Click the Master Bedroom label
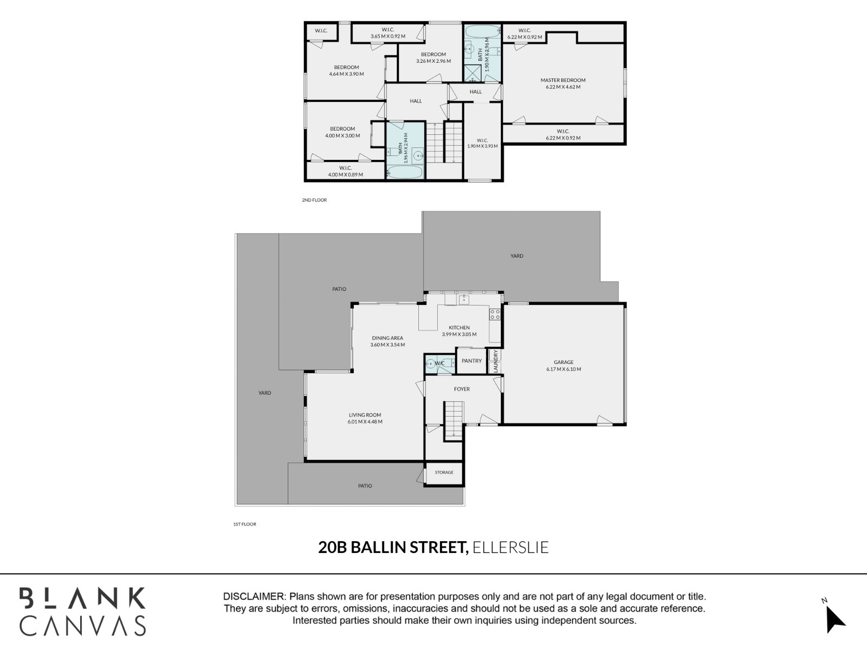click(x=563, y=80)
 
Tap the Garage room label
click(x=564, y=362)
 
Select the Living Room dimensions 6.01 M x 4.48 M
click(x=365, y=421)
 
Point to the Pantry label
click(x=471, y=361)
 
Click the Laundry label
click(x=496, y=361)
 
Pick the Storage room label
click(x=444, y=472)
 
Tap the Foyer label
click(x=462, y=389)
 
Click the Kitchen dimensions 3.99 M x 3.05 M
click(x=459, y=334)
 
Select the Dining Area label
click(x=387, y=338)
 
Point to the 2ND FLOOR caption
click(x=314, y=200)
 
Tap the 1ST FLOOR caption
click(x=245, y=524)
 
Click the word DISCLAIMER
click(x=254, y=596)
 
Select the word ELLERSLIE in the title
click(x=511, y=548)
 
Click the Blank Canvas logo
click(x=82, y=612)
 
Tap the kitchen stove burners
click(x=495, y=315)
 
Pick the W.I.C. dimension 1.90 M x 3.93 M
click(x=482, y=146)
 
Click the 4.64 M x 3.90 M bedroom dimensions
click(x=346, y=74)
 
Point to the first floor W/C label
click(x=439, y=363)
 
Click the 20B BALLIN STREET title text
click(x=393, y=548)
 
